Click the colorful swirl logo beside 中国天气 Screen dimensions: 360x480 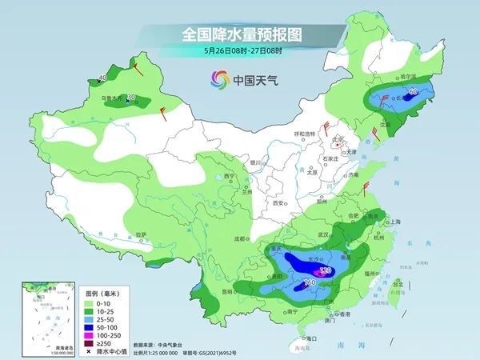[219, 79]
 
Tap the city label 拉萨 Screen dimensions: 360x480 [142, 234]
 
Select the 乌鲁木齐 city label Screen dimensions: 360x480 [112, 99]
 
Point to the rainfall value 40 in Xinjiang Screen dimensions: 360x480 [102, 78]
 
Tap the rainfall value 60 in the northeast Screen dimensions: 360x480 [413, 92]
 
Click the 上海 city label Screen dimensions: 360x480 [393, 222]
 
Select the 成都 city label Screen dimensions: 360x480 [238, 238]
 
